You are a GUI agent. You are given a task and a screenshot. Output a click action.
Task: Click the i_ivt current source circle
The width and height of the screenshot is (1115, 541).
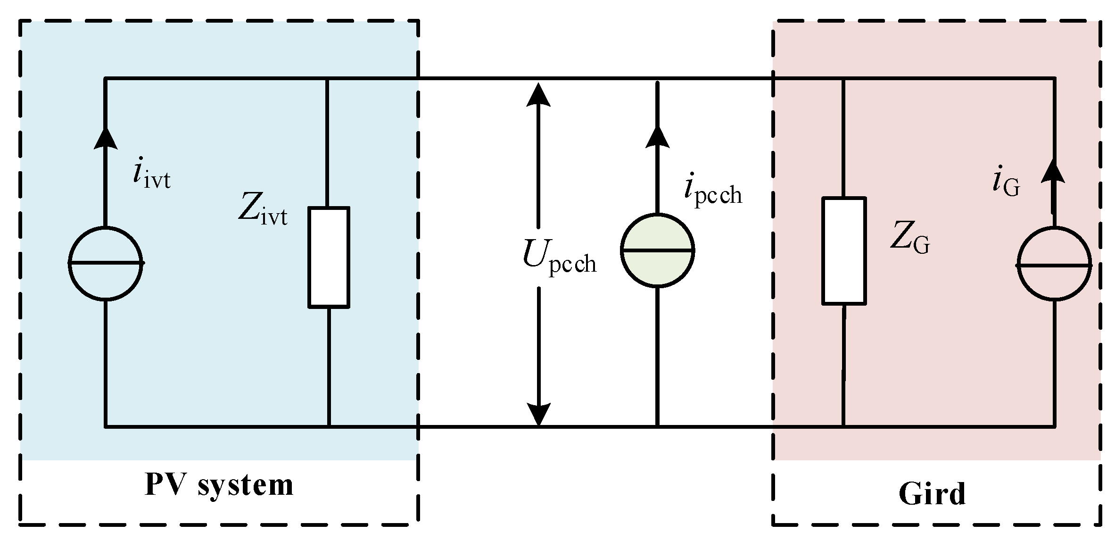click(106, 263)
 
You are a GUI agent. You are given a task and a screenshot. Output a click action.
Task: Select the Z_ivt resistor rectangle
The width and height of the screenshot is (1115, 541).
click(329, 257)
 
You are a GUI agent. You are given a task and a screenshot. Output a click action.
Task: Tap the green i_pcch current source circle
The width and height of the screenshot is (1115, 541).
click(657, 250)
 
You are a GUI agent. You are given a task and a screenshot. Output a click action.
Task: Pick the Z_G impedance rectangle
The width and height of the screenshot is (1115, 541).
click(844, 250)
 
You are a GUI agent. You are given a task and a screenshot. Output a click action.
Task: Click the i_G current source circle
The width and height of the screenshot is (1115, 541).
click(1054, 264)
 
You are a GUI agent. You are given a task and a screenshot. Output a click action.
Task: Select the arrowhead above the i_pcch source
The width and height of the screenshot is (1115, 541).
click(657, 137)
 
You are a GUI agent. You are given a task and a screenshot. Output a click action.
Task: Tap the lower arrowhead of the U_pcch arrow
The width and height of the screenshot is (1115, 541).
click(538, 415)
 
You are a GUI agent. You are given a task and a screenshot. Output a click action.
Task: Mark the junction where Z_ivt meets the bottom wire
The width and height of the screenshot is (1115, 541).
click(329, 426)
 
